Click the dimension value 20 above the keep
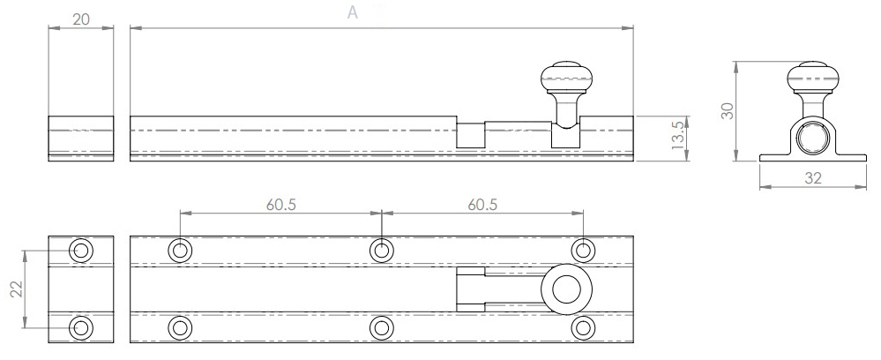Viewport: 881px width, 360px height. (x=80, y=19)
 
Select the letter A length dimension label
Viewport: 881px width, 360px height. (x=353, y=12)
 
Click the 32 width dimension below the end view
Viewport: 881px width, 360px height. (x=812, y=177)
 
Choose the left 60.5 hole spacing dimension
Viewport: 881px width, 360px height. (x=280, y=204)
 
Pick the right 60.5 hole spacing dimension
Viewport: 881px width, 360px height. (x=482, y=204)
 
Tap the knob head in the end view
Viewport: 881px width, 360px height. (x=811, y=77)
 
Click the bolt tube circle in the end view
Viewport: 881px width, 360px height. (x=811, y=139)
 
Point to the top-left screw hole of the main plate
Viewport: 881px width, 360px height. (x=180, y=251)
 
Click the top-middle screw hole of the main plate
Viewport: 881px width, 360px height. (x=381, y=251)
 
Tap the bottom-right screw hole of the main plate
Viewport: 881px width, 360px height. (x=582, y=327)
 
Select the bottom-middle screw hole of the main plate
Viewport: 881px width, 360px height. (x=381, y=327)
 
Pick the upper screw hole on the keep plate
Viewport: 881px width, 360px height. (x=81, y=251)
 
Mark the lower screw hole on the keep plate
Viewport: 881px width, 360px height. (x=81, y=327)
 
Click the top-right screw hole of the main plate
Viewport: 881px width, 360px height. (x=582, y=251)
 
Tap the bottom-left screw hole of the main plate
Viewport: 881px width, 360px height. (x=180, y=327)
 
